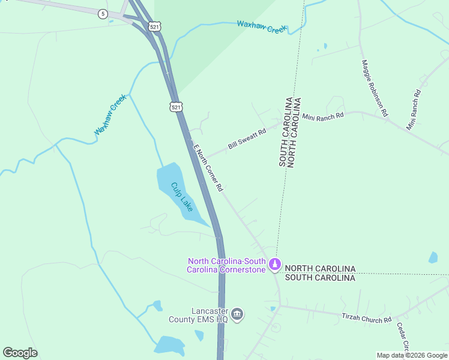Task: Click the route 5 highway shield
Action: (104, 14)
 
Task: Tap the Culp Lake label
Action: (182, 197)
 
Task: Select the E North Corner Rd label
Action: (208, 167)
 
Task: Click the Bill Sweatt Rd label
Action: (247, 139)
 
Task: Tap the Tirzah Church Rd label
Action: (366, 317)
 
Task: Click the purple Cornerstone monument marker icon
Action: (275, 263)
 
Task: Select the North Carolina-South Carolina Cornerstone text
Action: (226, 265)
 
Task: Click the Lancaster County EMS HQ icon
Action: (237, 314)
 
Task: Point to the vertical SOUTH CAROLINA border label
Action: (283, 132)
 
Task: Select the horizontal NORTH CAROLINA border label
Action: (320, 268)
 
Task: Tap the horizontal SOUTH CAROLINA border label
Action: (320, 277)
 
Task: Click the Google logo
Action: (20, 353)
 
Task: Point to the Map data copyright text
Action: (412, 355)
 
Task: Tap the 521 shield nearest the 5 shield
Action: (155, 27)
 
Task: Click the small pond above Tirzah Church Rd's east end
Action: (433, 257)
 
